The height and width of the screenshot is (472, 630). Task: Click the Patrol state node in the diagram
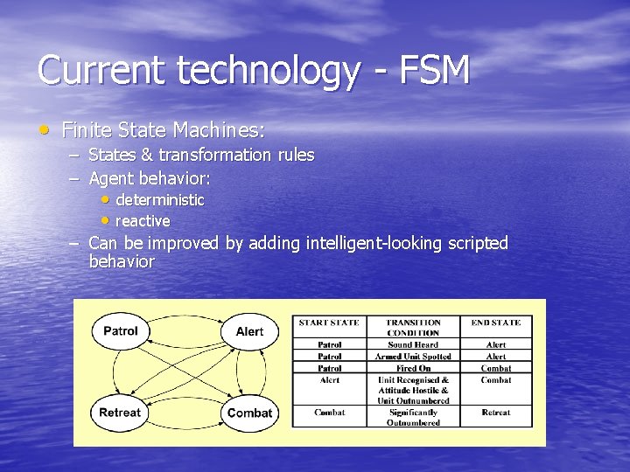pos(121,331)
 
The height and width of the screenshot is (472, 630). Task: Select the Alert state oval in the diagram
pos(249,331)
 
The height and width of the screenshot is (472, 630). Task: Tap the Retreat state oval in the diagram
pos(121,413)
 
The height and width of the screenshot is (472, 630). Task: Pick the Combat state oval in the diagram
pos(249,413)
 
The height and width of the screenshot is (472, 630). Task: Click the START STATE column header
pos(329,323)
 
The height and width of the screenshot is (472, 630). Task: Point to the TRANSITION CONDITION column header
pos(413,327)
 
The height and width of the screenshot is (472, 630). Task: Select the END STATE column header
pos(495,323)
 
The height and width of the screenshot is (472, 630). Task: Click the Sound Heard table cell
pos(413,344)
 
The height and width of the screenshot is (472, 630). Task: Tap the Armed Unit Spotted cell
pos(413,357)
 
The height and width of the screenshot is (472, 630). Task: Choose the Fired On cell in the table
pos(413,368)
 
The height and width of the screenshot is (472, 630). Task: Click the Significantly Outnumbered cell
pos(413,417)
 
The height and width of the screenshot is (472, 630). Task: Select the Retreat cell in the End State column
pos(495,412)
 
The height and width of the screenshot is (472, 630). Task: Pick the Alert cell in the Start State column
pos(329,380)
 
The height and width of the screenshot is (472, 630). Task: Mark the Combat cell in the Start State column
pos(329,412)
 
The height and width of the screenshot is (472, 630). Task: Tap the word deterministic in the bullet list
pos(159,200)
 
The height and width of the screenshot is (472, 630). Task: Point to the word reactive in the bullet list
pos(143,221)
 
